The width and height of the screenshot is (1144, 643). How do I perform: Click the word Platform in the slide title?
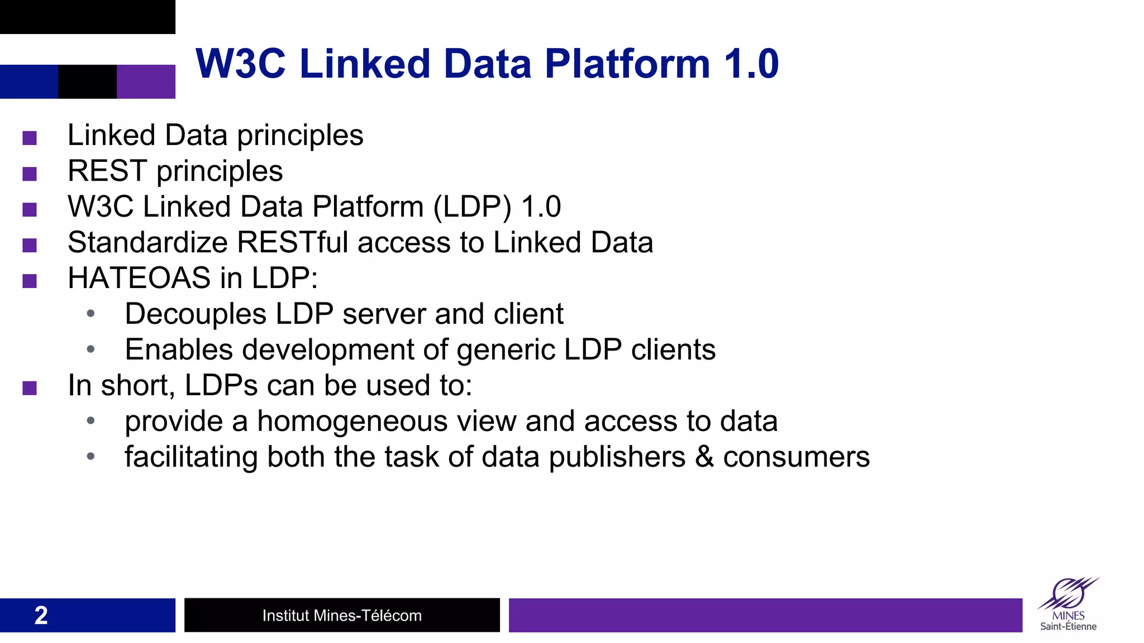[627, 64]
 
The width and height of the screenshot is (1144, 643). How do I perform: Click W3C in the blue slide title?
[241, 64]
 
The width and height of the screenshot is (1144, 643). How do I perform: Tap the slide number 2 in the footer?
[41, 615]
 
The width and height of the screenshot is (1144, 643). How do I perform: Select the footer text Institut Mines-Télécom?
[342, 615]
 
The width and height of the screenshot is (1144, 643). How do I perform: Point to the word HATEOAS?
[139, 278]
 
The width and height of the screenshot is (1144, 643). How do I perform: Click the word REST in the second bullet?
[107, 171]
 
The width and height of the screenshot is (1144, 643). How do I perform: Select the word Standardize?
[147, 242]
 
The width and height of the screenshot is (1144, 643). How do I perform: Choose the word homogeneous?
[352, 421]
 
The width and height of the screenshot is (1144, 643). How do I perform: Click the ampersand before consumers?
[704, 457]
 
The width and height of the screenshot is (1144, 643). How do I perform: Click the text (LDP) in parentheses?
[473, 207]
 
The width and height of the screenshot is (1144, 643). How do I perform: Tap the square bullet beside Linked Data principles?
[30, 137]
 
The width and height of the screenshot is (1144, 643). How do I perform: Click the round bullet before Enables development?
[90, 349]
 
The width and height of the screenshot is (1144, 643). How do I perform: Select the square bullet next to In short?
[30, 387]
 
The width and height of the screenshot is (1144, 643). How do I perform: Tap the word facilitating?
[191, 457]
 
